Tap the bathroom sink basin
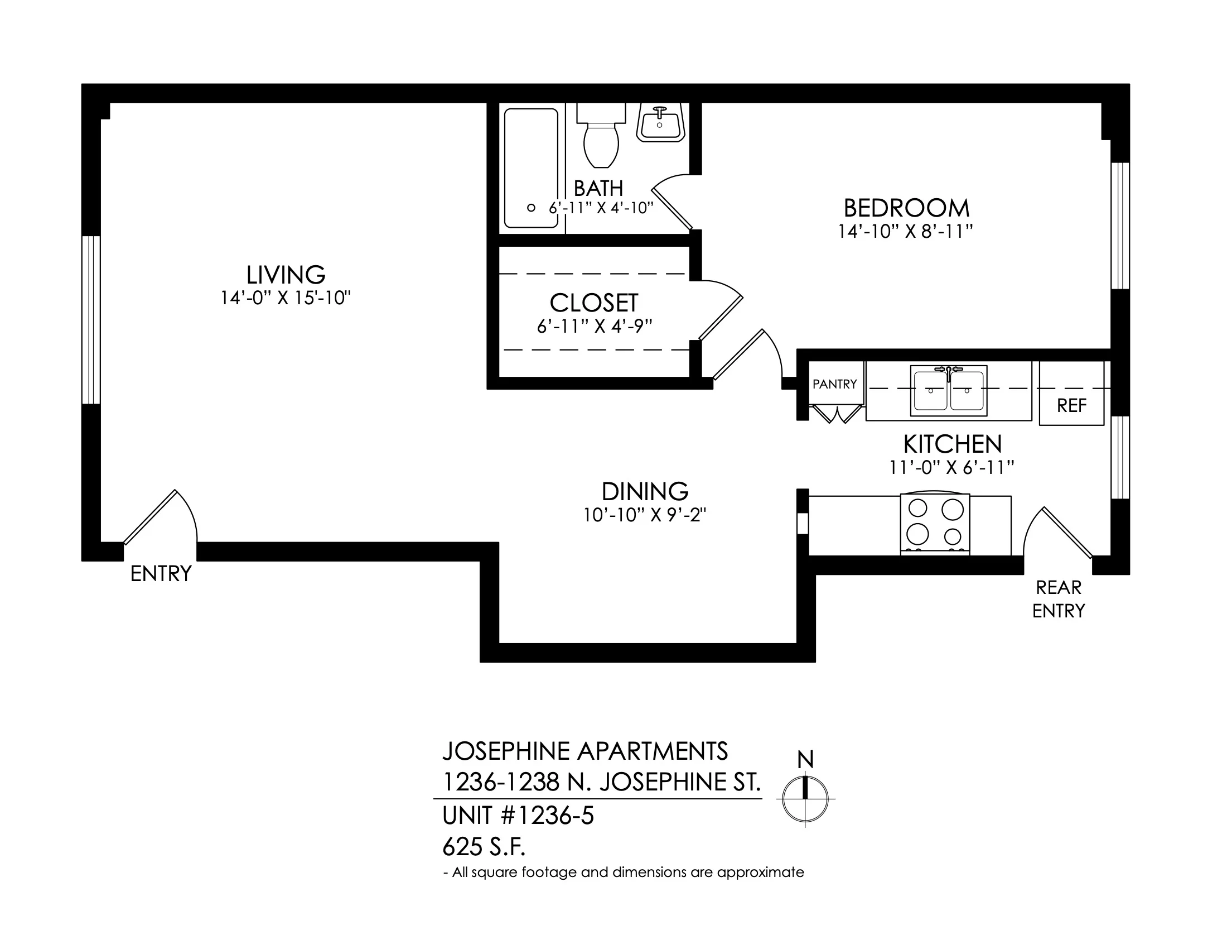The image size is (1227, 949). [660, 123]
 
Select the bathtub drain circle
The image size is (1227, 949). [530, 208]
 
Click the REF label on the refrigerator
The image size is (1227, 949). [1071, 405]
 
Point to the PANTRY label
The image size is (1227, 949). [835, 384]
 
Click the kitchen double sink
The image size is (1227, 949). [948, 391]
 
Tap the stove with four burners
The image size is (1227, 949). [935, 525]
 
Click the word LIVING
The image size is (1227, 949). [286, 275]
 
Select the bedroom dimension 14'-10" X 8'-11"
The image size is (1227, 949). [906, 232]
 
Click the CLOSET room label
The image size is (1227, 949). [594, 303]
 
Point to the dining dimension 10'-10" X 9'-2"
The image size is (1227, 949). [645, 515]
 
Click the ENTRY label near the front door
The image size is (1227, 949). [161, 574]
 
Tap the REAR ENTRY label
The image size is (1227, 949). [1059, 600]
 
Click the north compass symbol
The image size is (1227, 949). [805, 799]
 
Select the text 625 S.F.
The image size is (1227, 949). [484, 847]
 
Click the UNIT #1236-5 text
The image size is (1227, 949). [518, 816]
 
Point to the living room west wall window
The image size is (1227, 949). [91, 320]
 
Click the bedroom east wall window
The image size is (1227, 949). [1120, 226]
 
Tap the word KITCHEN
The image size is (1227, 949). [952, 445]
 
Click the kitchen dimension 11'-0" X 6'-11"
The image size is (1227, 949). [951, 468]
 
